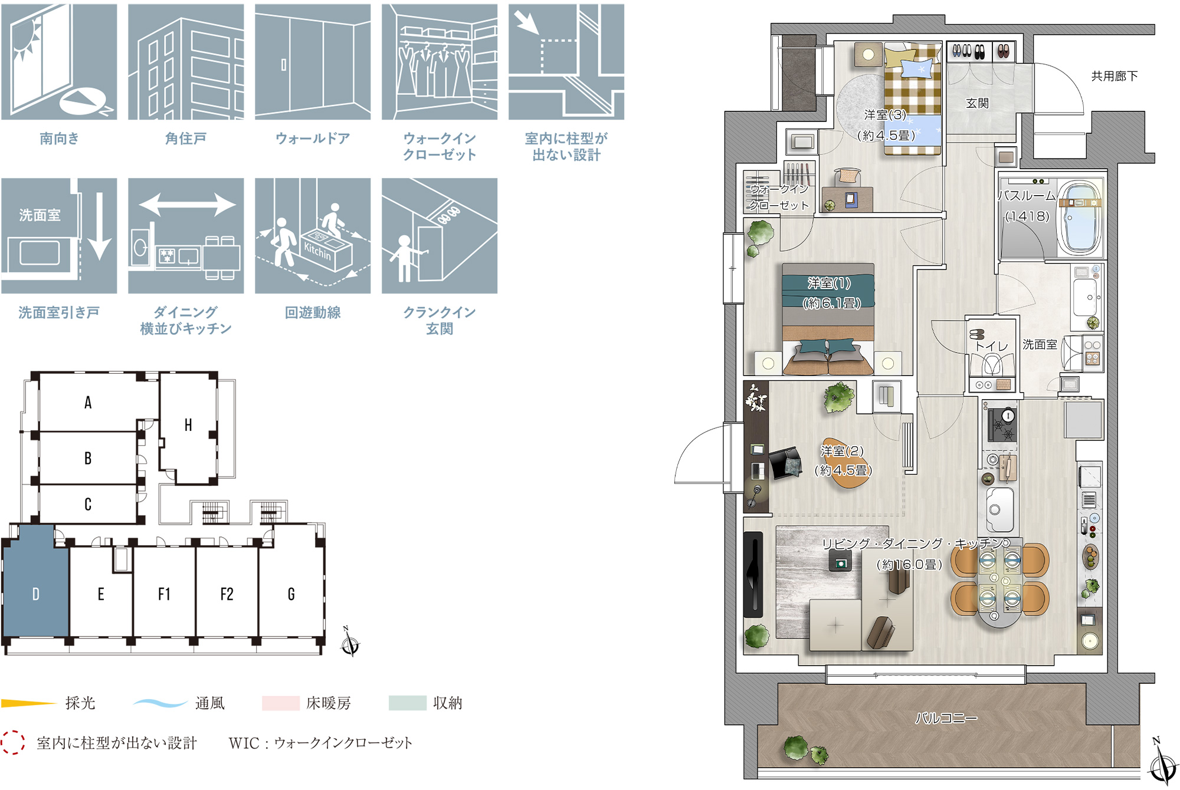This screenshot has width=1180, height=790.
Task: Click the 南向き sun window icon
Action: [x=59, y=62]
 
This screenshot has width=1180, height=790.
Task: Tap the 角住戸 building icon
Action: [x=186, y=62]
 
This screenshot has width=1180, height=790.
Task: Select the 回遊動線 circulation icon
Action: [x=313, y=236]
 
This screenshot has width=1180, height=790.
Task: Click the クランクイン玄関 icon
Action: [x=440, y=236]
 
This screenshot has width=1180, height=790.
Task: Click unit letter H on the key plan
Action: [x=188, y=425]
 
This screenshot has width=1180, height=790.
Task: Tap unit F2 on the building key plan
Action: [x=227, y=594]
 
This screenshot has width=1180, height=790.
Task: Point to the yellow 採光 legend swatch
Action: [x=28, y=703]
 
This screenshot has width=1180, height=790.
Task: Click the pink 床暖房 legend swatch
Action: [x=281, y=703]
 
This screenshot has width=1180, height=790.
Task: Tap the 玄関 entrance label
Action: [x=977, y=103]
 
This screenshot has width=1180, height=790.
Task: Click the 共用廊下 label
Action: [x=1115, y=76]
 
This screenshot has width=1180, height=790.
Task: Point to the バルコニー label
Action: [x=946, y=718]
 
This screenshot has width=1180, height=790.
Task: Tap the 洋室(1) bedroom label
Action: [x=830, y=283]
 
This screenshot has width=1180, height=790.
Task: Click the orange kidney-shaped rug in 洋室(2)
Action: [x=845, y=463]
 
